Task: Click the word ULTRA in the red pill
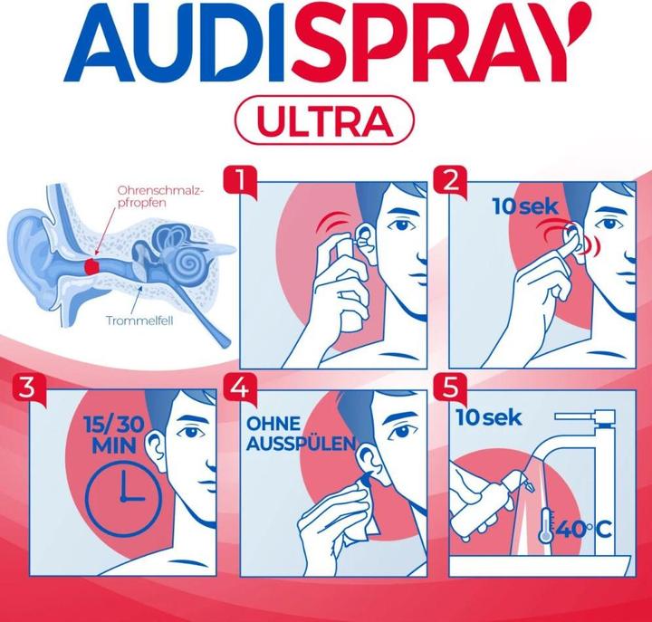pyautogui.click(x=325, y=121)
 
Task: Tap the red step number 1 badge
pyautogui.click(x=239, y=182)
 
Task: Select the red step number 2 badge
pyautogui.click(x=450, y=182)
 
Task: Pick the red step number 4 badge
pyautogui.click(x=239, y=388)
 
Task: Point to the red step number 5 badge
pyautogui.click(x=450, y=388)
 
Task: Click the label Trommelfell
pyautogui.click(x=139, y=321)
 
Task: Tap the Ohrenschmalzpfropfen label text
pyautogui.click(x=161, y=196)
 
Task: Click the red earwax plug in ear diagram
pyautogui.click(x=91, y=265)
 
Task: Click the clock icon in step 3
pyautogui.click(x=122, y=497)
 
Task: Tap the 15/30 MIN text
pyautogui.click(x=114, y=435)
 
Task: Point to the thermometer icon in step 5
pyautogui.click(x=545, y=525)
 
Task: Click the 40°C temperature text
pyautogui.click(x=584, y=530)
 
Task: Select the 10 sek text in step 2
pyautogui.click(x=525, y=206)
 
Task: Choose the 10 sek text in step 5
pyautogui.click(x=489, y=417)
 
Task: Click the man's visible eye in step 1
pyautogui.click(x=401, y=225)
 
